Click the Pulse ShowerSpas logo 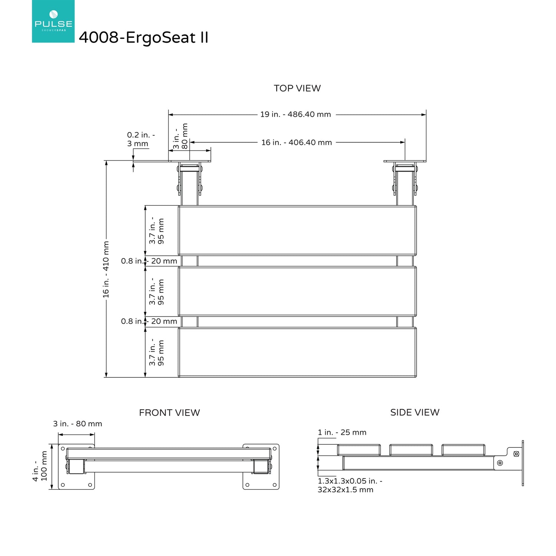pos(53,21)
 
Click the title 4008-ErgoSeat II pos(143,37)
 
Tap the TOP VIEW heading pos(297,88)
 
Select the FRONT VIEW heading pos(169,413)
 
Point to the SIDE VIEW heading pos(415,412)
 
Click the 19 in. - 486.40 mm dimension pos(295,114)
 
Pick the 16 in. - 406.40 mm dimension pos(297,142)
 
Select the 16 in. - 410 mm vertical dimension pos(106,269)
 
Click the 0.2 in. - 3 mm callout pos(141,139)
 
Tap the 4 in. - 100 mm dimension pos(40,466)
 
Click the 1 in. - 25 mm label pos(342,432)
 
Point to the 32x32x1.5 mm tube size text pos(345,490)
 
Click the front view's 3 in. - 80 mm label pos(77,424)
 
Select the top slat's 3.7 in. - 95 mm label pos(156,231)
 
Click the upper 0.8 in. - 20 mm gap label pos(149,261)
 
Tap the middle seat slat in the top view pos(297,291)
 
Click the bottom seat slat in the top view pos(297,352)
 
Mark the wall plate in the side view pos(523,463)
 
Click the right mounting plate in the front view pos(261,467)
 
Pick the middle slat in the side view pos(411,450)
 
